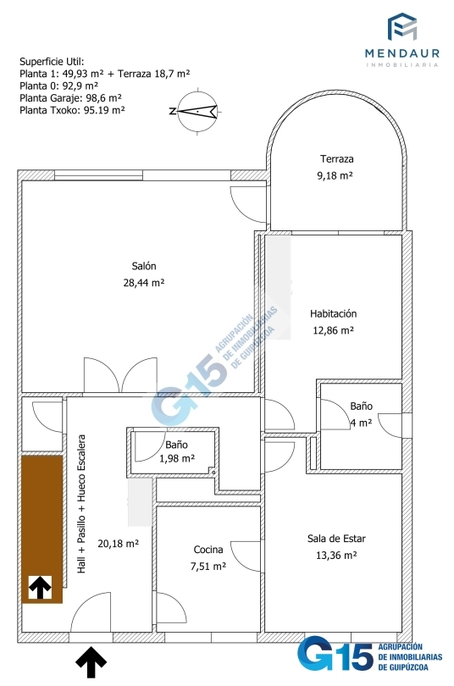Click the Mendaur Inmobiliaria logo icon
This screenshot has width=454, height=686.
coord(402,27)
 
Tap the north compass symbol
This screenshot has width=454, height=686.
coord(197,112)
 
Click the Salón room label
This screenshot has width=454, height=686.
coord(144,266)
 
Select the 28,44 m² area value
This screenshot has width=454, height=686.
coord(144,283)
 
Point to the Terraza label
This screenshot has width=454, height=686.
coord(336,159)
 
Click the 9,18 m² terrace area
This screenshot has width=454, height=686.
coord(335,175)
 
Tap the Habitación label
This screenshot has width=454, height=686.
coord(333,313)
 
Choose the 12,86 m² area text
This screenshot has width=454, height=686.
coord(333,330)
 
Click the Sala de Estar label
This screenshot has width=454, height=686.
coord(336,539)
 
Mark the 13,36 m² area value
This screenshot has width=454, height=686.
coord(336,556)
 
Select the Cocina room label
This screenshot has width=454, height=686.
coord(208,550)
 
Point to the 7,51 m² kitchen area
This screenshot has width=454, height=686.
coord(208,566)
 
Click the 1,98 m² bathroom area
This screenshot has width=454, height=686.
coord(177,458)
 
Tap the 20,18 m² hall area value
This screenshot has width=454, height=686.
coord(118,544)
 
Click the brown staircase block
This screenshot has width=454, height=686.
coord(42,529)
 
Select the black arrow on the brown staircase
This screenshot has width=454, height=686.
coord(41,587)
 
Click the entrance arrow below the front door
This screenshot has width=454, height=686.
coord(91,662)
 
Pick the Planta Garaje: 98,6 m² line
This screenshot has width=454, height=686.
coord(70,98)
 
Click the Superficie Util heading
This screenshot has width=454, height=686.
coord(52,61)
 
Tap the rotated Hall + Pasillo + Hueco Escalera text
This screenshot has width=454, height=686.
coord(81,504)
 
